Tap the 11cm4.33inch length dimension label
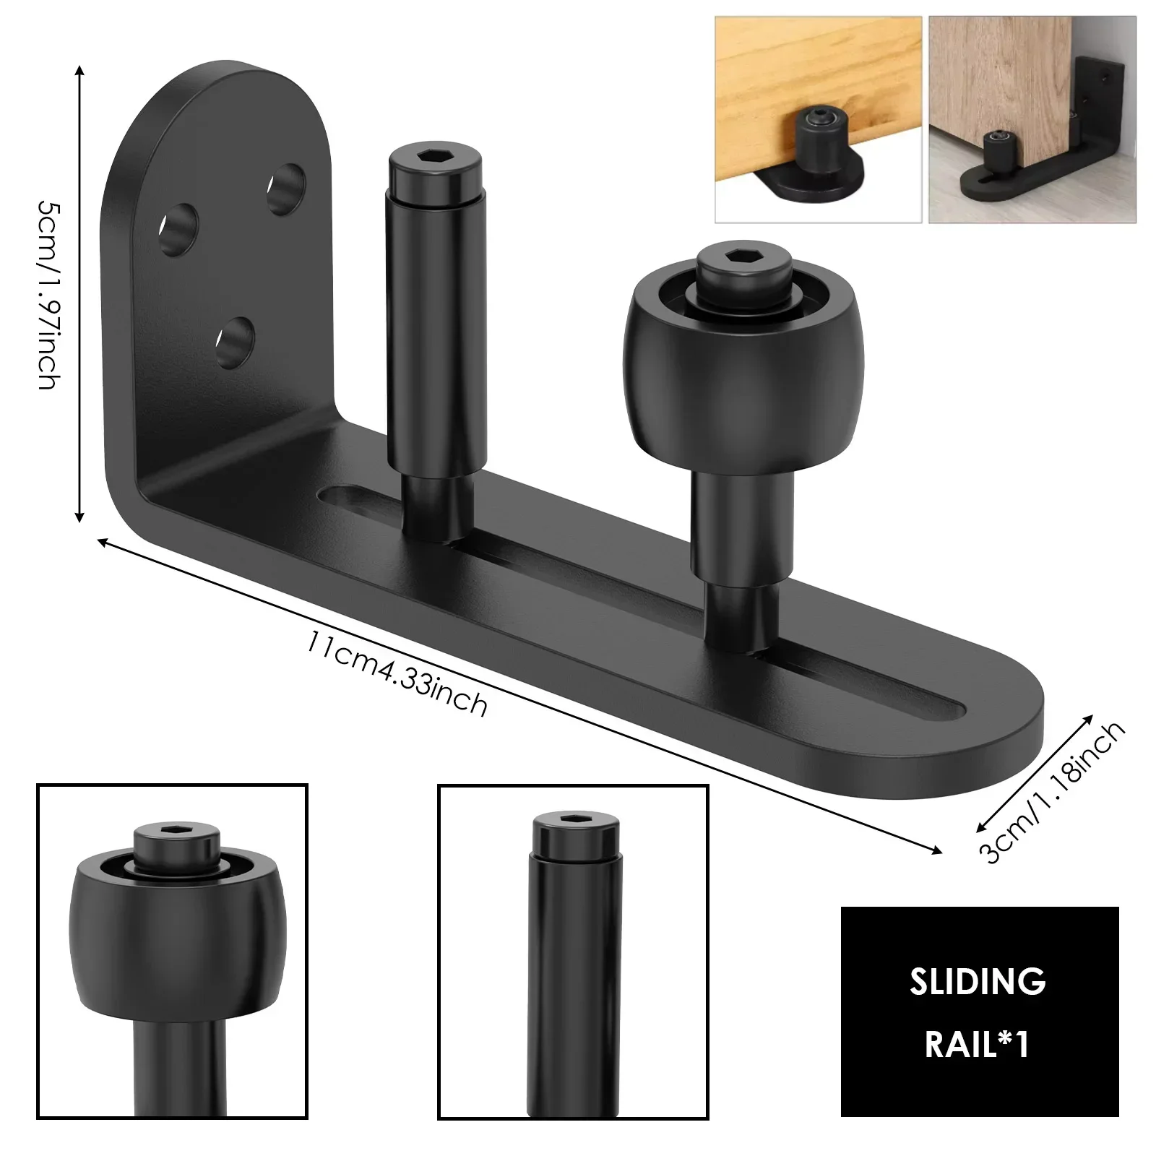[396, 672]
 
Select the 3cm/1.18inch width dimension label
[1052, 792]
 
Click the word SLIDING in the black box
[978, 982]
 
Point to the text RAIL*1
[978, 1045]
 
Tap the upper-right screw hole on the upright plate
[286, 188]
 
